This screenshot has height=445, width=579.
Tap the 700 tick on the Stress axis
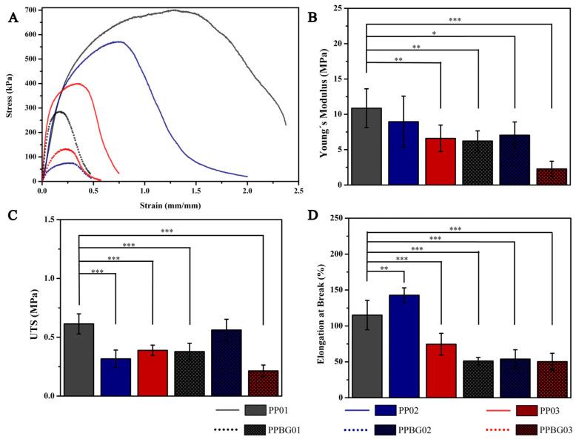pos(30,10)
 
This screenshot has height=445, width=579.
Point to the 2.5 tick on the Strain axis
pos(298,191)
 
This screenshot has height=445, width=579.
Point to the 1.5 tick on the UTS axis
pos(50,219)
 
